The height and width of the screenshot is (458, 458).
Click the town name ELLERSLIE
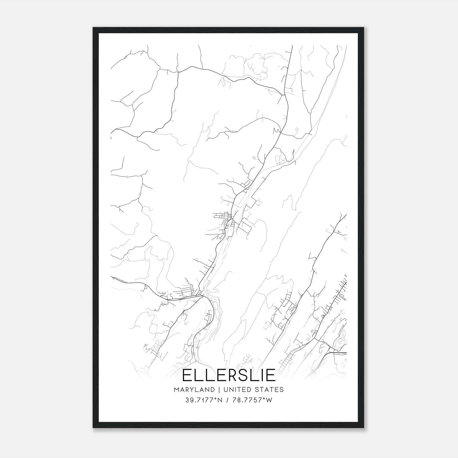pyautogui.click(x=229, y=375)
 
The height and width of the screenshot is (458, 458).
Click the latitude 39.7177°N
pyautogui.click(x=204, y=400)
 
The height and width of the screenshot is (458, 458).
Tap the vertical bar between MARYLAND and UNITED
pyautogui.click(x=219, y=390)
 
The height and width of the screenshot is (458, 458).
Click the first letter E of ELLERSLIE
pyautogui.click(x=188, y=375)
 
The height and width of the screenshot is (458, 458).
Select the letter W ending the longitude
pyautogui.click(x=269, y=400)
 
